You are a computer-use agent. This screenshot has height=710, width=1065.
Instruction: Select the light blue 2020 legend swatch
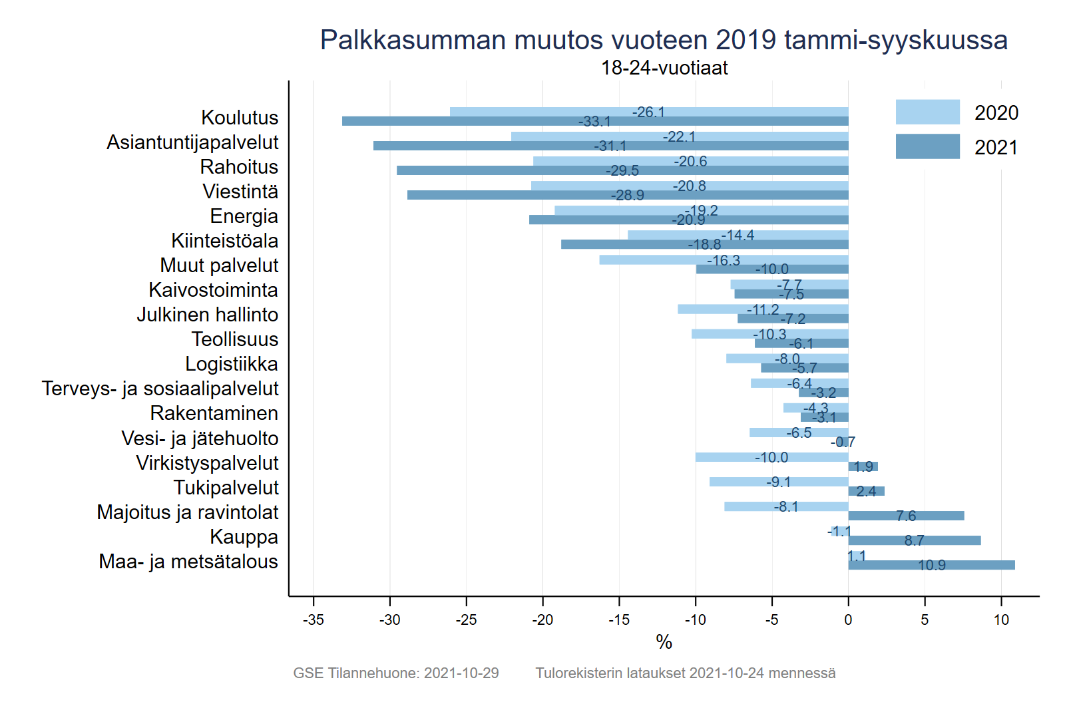click(x=927, y=112)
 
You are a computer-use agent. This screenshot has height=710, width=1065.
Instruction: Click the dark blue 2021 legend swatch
click(x=927, y=146)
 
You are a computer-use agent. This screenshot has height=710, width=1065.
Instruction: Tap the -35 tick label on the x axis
click(x=313, y=620)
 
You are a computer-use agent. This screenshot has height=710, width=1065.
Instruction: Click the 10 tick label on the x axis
click(x=1001, y=620)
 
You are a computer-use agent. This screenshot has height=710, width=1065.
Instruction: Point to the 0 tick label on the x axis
click(x=848, y=620)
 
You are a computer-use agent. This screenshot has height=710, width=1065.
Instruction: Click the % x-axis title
click(x=664, y=642)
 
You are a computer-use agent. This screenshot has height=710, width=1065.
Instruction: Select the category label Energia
click(x=244, y=216)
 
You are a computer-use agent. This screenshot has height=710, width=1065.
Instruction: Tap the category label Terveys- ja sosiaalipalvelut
click(x=160, y=389)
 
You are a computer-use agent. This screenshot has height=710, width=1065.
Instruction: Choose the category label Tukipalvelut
click(x=226, y=488)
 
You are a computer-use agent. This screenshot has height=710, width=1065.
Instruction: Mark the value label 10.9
click(x=931, y=566)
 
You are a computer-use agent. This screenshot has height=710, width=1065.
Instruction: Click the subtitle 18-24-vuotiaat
click(x=664, y=68)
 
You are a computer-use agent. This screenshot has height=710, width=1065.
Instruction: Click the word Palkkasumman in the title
click(x=413, y=40)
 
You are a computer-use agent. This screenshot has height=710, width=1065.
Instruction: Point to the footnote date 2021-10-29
click(x=461, y=673)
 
